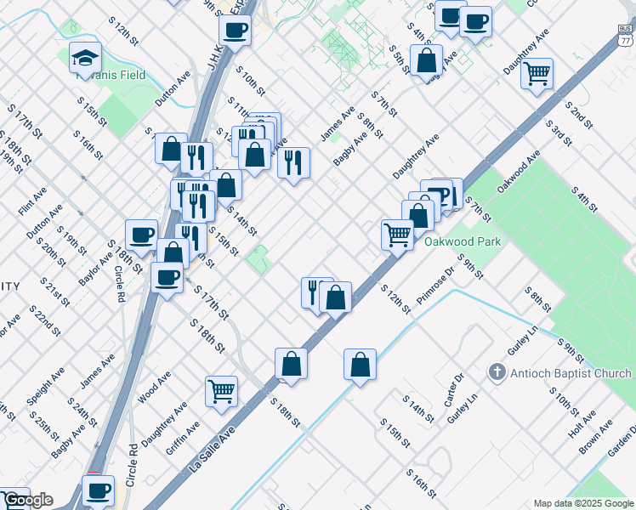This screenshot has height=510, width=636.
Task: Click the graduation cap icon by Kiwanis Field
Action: click(x=85, y=58)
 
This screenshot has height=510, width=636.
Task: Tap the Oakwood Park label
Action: click(x=463, y=241)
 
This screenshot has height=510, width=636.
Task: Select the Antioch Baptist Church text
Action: click(x=571, y=373)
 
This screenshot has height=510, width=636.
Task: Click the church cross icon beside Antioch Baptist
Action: click(x=497, y=373)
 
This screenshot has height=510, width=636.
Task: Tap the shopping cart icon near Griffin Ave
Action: click(x=221, y=391)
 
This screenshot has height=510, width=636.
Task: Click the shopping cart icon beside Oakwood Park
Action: click(x=397, y=234)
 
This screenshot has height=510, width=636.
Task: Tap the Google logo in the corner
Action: click(x=28, y=500)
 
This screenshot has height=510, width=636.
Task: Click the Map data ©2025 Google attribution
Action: click(x=583, y=503)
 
